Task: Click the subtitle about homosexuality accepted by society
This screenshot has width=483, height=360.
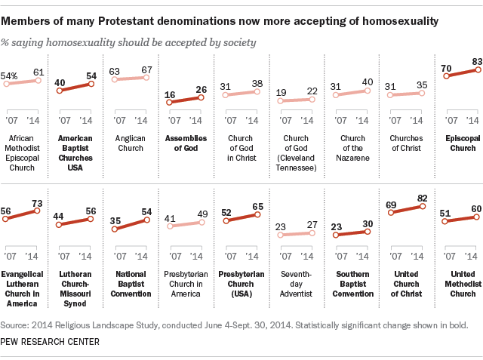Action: pyautogui.click(x=130, y=42)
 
